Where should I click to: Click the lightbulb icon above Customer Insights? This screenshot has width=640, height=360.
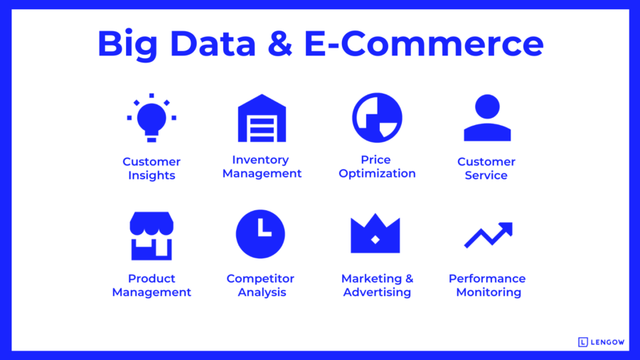[x=151, y=118]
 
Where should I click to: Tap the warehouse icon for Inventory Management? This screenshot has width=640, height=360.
[x=262, y=118]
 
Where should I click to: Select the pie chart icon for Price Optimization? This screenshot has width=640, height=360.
[x=377, y=118]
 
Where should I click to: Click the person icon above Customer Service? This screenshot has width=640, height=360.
[x=487, y=118]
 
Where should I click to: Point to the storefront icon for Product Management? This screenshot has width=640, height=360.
[x=151, y=236]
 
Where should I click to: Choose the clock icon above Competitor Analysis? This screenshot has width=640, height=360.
[x=260, y=234]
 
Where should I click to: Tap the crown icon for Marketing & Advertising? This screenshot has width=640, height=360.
[x=375, y=234]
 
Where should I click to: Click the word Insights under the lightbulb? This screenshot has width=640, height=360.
[x=151, y=175]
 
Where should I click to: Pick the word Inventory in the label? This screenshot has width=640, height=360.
[x=260, y=160]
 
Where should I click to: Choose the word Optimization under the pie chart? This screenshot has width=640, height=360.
[x=377, y=174]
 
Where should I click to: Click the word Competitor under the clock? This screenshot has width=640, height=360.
[x=260, y=278]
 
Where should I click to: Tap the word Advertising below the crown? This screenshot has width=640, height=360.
[x=377, y=293]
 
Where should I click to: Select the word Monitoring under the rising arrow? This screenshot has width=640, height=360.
[x=489, y=293]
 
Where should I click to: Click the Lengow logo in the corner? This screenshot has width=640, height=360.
[x=602, y=342]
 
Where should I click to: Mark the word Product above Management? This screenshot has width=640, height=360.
[x=151, y=278]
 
